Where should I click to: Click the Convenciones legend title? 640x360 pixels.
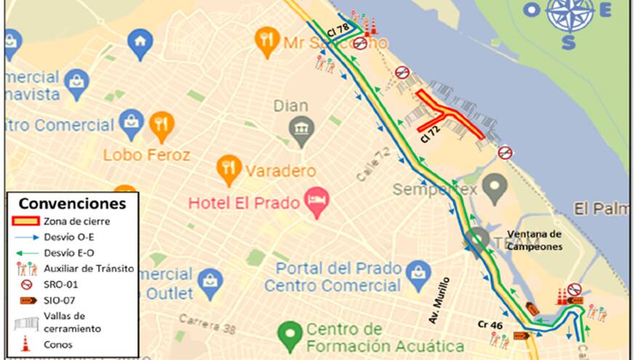(x=71, y=204)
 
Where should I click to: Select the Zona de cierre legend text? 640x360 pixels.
(x=76, y=221)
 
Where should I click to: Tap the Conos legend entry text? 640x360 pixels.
(x=58, y=344)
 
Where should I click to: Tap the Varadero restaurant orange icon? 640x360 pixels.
(x=229, y=169)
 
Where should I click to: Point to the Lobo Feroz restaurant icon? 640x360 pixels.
(x=161, y=125)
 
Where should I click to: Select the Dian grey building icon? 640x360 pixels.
(x=301, y=130)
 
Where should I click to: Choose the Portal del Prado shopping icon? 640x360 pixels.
(x=418, y=275)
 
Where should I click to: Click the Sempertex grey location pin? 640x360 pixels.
(x=495, y=188)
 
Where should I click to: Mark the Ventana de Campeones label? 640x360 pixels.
(x=534, y=240)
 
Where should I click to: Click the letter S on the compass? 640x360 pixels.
(x=569, y=42)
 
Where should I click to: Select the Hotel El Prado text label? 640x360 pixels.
(x=244, y=203)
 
